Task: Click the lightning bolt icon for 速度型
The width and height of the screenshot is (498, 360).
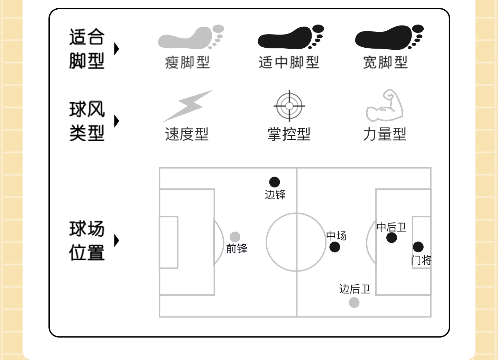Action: pos(188,105)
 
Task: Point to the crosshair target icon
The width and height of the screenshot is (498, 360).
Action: pos(289,106)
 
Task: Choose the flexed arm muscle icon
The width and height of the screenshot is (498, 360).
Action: pos(385,106)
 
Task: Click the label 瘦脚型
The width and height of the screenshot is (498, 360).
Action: pos(187,63)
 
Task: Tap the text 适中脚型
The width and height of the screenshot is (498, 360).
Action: pos(289,63)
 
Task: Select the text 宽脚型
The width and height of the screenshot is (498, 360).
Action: pos(385,63)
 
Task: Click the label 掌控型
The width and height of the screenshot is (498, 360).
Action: pos(289,134)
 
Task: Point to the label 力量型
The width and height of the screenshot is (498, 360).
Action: pos(385,134)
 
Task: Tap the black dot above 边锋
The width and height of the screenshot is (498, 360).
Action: pos(275,182)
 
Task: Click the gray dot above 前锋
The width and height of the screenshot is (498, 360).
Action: pos(235,237)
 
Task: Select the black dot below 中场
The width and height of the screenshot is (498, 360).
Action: pos(334,247)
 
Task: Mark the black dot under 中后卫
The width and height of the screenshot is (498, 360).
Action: pos(391,238)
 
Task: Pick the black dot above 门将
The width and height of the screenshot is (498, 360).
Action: pos(418,247)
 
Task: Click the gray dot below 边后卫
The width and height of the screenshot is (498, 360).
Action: pos(354,302)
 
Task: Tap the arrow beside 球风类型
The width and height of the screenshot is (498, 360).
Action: pos(117,121)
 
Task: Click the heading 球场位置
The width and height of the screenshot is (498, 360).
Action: pos(87,240)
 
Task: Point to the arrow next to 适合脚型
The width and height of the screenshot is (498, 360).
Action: pos(117,49)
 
